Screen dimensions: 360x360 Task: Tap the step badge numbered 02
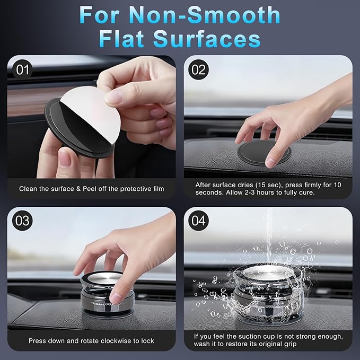pyautogui.click(x=198, y=69)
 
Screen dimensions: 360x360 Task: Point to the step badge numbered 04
pyautogui.click(x=198, y=221)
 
